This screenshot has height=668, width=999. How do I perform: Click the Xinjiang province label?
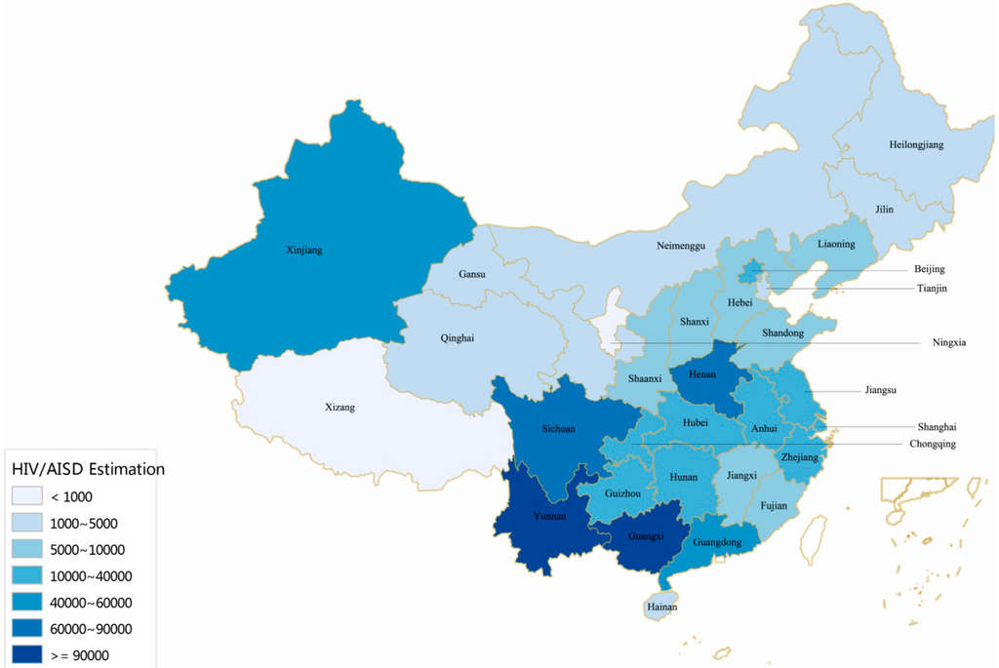pyautogui.click(x=305, y=251)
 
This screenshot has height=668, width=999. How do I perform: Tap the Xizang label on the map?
pyautogui.click(x=340, y=407)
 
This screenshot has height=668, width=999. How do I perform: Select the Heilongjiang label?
pyautogui.click(x=916, y=145)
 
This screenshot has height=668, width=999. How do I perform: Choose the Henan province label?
pyautogui.click(x=702, y=375)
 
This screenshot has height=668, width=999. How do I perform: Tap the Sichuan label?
pyautogui.click(x=558, y=429)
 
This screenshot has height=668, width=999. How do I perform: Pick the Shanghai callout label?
pyautogui.click(x=937, y=427)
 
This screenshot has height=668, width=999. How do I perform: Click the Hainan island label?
pyautogui.click(x=661, y=608)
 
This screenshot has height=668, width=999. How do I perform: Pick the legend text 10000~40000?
pyautogui.click(x=91, y=576)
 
